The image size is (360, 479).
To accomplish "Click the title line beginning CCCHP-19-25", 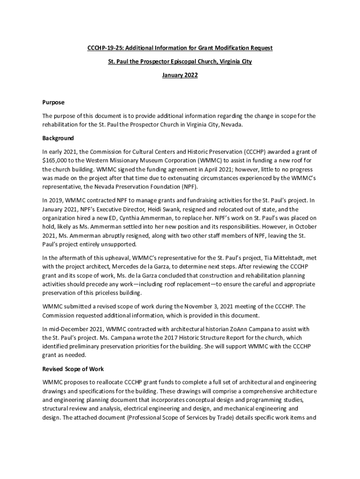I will click(180, 49).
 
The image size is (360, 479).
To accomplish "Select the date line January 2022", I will click(180, 75).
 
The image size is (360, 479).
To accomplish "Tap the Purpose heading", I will click(53, 102).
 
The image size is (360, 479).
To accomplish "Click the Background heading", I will click(58, 138).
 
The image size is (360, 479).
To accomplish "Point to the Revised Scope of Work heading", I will click(72, 369).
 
